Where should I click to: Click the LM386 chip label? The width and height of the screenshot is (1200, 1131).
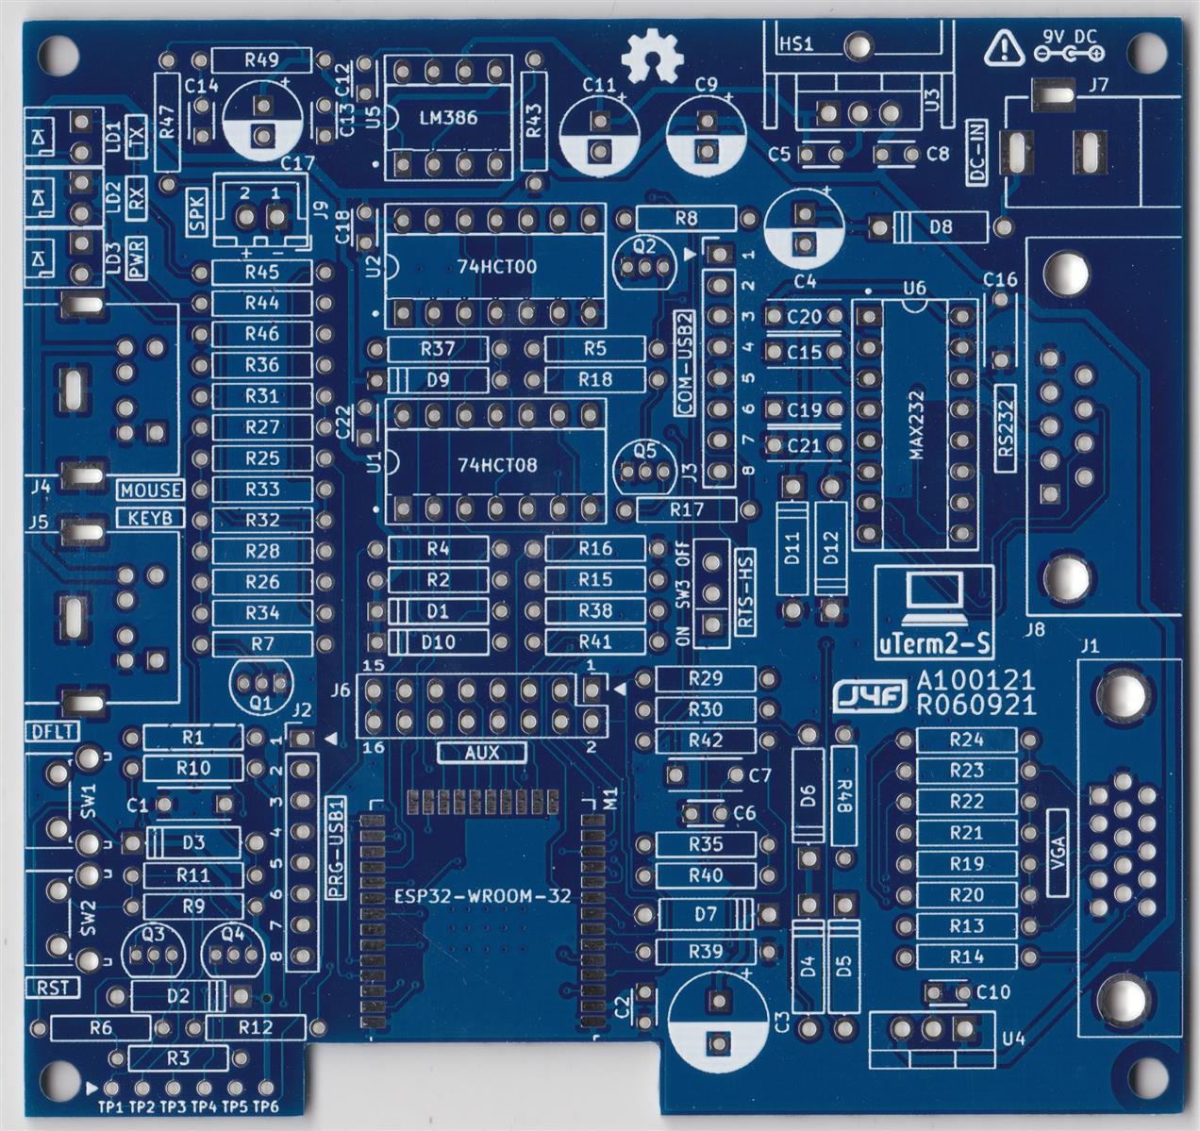(x=447, y=119)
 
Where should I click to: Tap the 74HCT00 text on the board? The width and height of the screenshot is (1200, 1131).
(x=496, y=267)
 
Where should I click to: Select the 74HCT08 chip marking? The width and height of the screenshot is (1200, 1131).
(x=496, y=465)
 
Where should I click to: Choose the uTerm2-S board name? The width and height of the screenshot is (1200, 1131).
(x=934, y=645)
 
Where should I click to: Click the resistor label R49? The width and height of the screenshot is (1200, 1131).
(x=261, y=60)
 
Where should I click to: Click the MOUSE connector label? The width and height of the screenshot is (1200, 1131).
(x=151, y=491)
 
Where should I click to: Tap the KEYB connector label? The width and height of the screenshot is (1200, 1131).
(x=151, y=518)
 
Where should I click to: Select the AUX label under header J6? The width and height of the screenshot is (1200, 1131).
(x=481, y=753)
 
